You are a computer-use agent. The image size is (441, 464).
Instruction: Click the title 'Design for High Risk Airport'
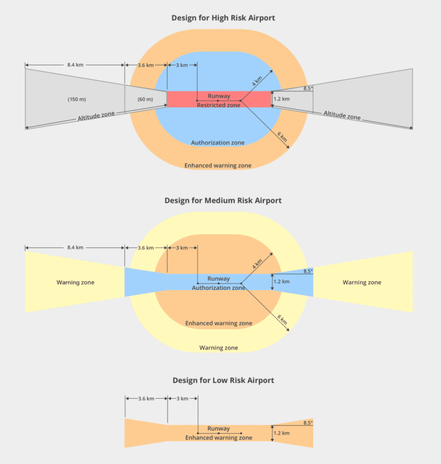tap(223, 18)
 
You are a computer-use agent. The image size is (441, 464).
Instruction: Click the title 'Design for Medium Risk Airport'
tap(223, 200)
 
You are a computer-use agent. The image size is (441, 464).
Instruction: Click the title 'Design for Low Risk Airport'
tap(223, 380)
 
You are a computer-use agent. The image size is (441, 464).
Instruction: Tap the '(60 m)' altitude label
tap(145, 99)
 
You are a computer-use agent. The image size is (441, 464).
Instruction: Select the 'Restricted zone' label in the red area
tap(218, 105)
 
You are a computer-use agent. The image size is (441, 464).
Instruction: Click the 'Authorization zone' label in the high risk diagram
tap(218, 143)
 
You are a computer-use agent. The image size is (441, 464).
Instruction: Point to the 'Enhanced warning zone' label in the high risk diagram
tap(218, 165)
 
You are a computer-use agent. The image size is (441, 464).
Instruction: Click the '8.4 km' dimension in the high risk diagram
tap(75, 65)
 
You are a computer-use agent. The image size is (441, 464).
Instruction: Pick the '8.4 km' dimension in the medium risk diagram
tap(75, 248)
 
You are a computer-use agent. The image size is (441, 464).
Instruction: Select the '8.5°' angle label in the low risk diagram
tap(308, 423)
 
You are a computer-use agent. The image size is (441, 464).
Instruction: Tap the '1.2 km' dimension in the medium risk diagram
tap(281, 281)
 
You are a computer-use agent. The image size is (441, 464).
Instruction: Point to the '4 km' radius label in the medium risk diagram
tap(257, 263)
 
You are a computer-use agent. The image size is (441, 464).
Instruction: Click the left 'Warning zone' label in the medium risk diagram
tap(75, 282)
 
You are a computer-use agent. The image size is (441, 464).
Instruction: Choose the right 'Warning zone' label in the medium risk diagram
tap(362, 282)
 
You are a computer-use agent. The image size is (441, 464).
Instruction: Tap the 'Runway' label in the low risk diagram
tap(218, 429)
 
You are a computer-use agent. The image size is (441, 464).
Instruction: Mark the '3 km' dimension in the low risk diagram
tap(181, 399)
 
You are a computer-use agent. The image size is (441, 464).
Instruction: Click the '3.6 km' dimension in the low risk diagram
tap(146, 399)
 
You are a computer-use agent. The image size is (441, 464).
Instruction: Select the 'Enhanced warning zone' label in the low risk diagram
tap(218, 438)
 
